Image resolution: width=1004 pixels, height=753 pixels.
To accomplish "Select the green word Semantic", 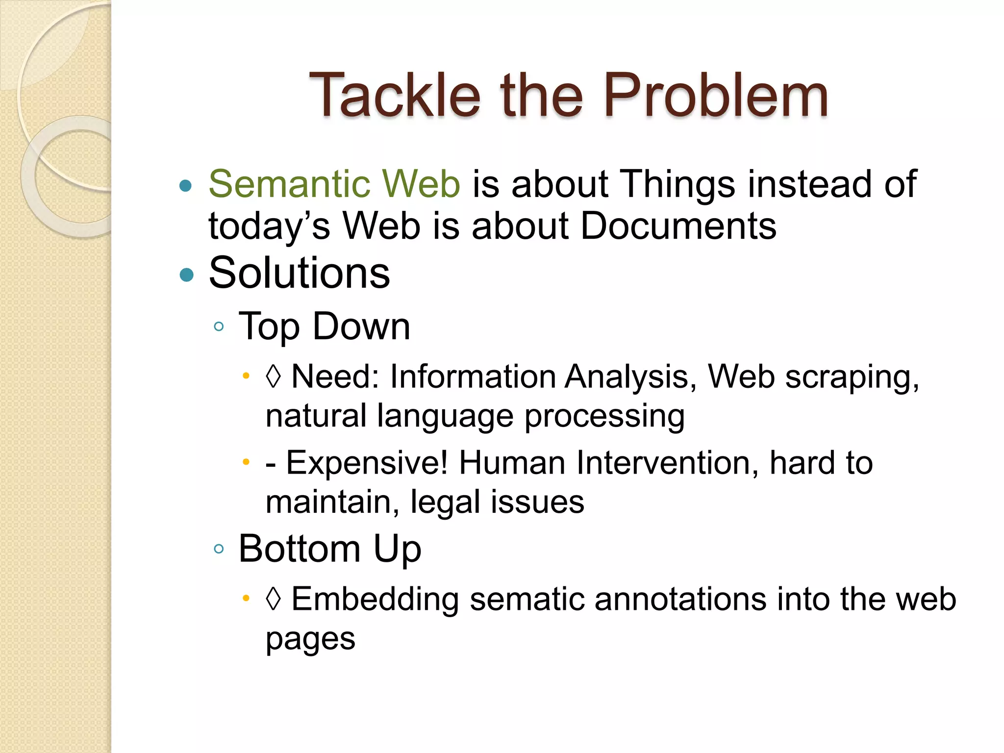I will tap(289, 184).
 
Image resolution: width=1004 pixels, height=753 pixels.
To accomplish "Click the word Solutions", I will tap(300, 273).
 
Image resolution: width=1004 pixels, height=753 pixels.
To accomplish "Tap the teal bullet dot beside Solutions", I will tap(186, 275).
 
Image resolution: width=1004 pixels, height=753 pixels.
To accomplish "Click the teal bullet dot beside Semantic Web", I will tap(185, 186).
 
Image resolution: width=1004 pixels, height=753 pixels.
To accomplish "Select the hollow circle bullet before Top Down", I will tap(219, 326).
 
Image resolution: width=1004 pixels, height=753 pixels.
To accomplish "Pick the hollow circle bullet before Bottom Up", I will tap(219, 549).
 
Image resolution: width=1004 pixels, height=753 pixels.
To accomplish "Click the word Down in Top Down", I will tap(361, 326).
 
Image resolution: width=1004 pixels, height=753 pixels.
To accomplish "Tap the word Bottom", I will tap(300, 549).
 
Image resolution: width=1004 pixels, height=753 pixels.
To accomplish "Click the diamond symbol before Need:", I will tap(274, 376).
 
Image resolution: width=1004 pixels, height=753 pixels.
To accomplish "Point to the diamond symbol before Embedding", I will tap(274, 599).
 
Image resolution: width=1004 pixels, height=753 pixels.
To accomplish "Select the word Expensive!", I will tap(367, 462).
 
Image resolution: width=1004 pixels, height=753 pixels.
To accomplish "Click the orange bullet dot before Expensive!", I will tap(246, 462).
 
